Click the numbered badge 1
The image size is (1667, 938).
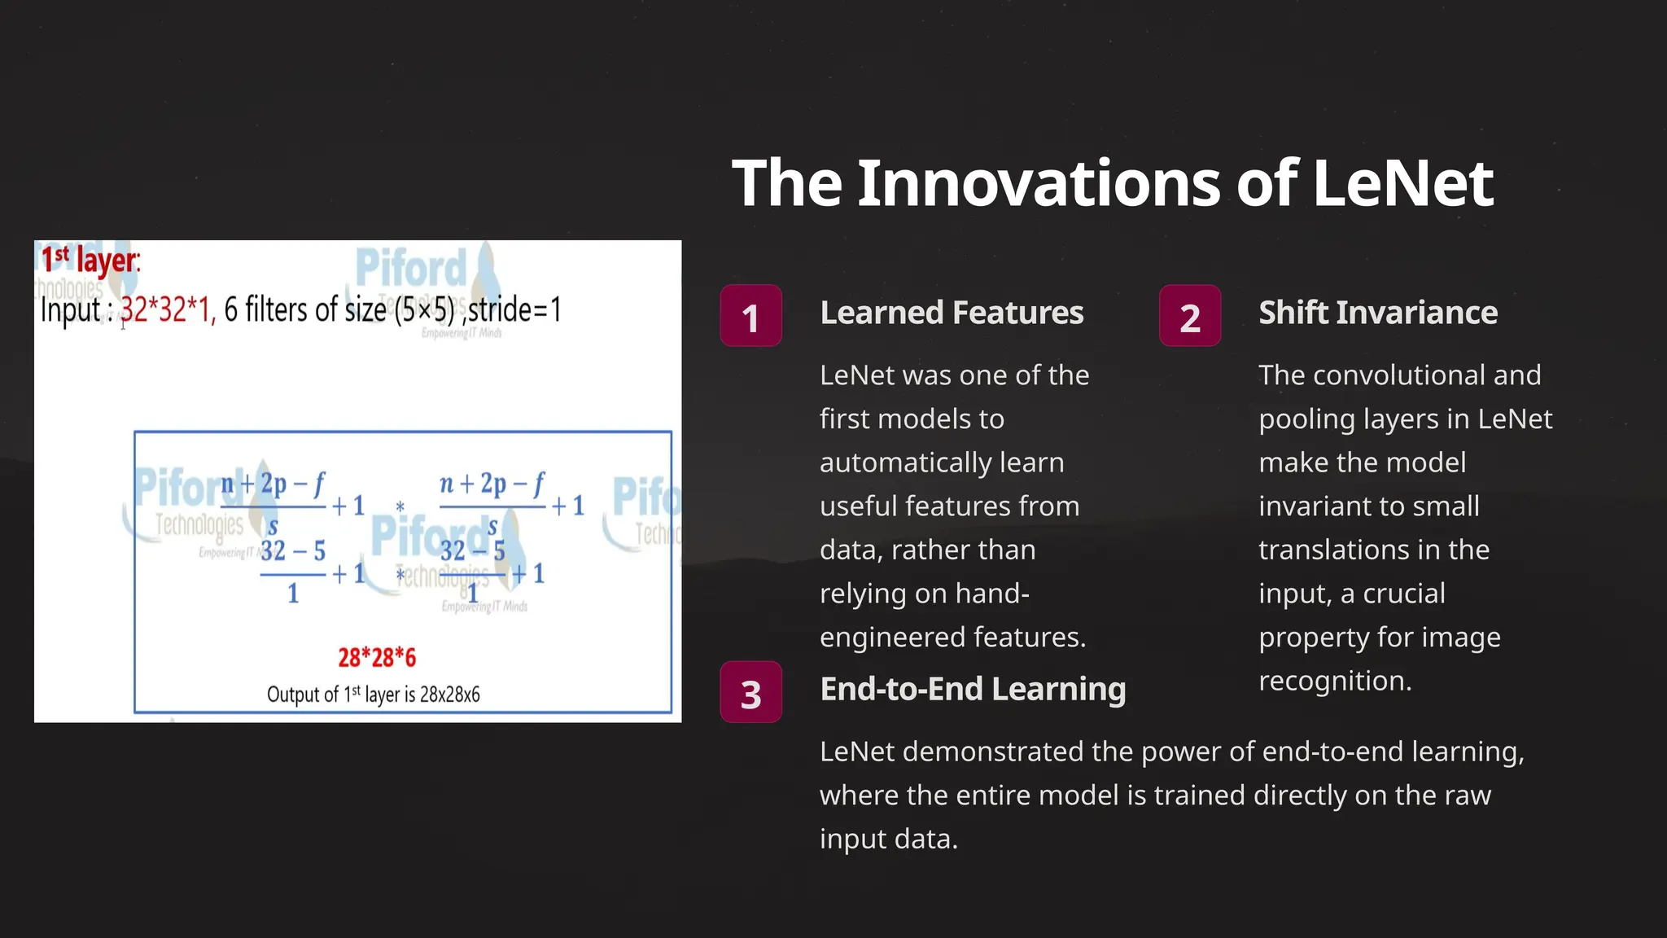point(750,316)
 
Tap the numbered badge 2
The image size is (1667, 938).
point(1189,316)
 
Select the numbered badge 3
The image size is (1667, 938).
point(750,692)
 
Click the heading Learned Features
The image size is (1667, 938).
point(952,313)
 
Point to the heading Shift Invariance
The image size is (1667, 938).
point(1377,313)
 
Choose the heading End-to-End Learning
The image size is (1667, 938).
point(973,689)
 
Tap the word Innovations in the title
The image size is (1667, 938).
point(1039,183)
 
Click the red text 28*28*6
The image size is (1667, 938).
point(377,657)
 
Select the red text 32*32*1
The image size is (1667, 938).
point(168,310)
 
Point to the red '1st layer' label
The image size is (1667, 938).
point(90,261)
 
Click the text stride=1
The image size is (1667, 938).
point(515,310)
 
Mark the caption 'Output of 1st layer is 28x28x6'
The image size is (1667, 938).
point(373,695)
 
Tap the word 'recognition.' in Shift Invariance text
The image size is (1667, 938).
point(1335,681)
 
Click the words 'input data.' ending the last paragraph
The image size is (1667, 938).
point(888,839)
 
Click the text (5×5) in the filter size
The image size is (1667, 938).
point(424,310)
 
